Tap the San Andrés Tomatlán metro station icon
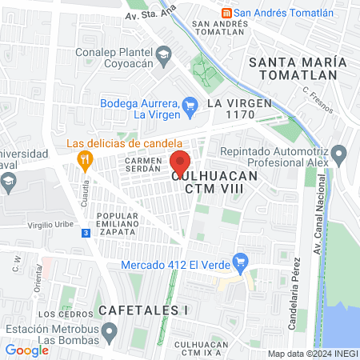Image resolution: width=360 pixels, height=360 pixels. (x=226, y=12)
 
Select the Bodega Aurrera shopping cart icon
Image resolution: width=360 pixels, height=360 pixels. (x=190, y=105)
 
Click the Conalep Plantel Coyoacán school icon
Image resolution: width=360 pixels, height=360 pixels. (x=164, y=54)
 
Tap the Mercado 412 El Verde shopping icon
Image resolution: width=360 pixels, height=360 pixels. (x=238, y=260)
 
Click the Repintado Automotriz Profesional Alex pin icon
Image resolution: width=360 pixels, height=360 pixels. (x=339, y=153)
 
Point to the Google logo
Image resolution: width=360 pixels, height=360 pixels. (x=26, y=350)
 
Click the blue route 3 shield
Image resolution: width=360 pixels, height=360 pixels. (x=86, y=233)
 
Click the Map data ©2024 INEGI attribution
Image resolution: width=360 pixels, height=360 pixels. (x=312, y=354)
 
